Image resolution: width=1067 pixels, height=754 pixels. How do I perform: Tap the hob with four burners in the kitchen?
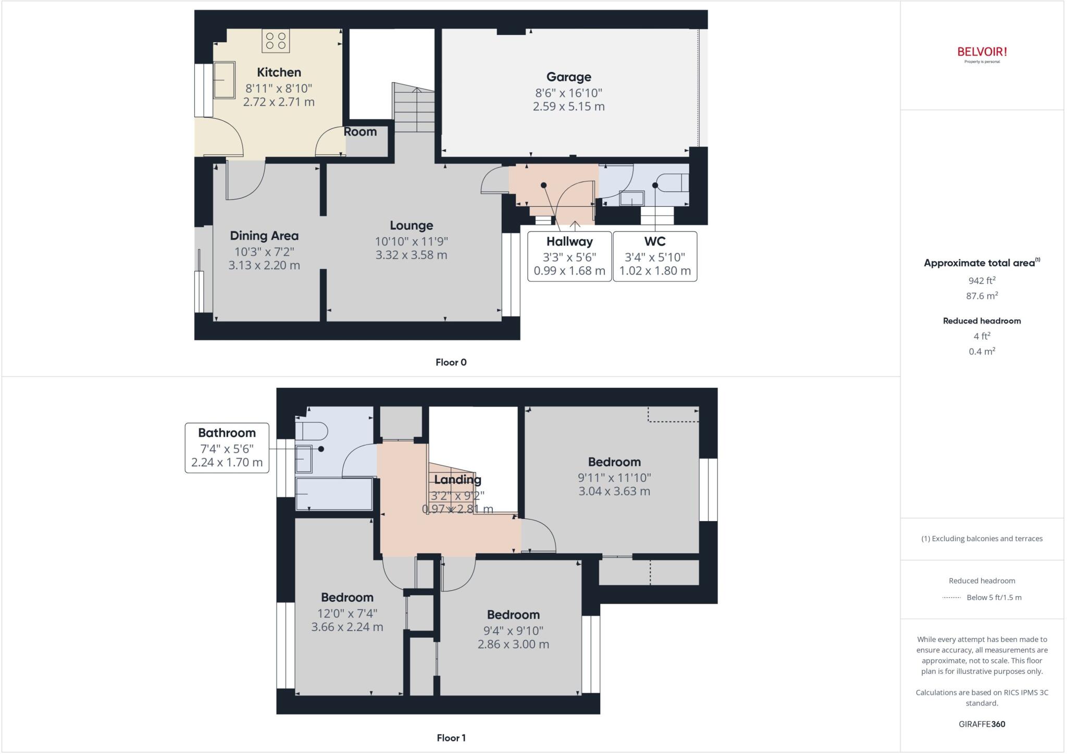click(x=276, y=41)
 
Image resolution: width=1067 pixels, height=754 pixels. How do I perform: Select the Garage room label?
click(x=568, y=77)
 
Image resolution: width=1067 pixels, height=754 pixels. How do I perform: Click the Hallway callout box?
click(x=569, y=256)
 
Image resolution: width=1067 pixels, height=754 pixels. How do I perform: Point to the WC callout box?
click(x=655, y=256)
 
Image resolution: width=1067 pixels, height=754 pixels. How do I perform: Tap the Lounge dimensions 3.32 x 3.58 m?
click(x=411, y=255)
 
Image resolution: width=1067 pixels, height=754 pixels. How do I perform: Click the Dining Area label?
click(x=264, y=236)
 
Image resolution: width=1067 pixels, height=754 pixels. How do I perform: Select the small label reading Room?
click(x=360, y=132)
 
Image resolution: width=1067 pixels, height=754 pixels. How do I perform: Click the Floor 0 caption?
click(x=451, y=362)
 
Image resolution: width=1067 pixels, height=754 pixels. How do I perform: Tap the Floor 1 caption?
click(x=451, y=738)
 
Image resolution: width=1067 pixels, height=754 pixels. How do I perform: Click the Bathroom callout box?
click(x=227, y=448)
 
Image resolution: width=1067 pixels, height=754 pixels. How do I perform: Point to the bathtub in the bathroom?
click(x=334, y=493)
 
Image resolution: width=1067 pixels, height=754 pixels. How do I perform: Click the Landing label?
click(x=457, y=479)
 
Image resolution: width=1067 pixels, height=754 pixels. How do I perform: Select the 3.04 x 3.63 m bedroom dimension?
click(x=614, y=491)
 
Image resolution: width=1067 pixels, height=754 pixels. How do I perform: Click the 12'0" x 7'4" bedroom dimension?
click(x=347, y=613)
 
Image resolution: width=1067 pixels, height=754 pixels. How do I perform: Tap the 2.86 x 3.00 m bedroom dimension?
click(x=513, y=644)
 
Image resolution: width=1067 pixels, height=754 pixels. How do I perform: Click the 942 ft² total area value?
click(x=982, y=280)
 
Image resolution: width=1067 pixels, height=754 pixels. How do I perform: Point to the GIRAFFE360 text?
click(x=982, y=724)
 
